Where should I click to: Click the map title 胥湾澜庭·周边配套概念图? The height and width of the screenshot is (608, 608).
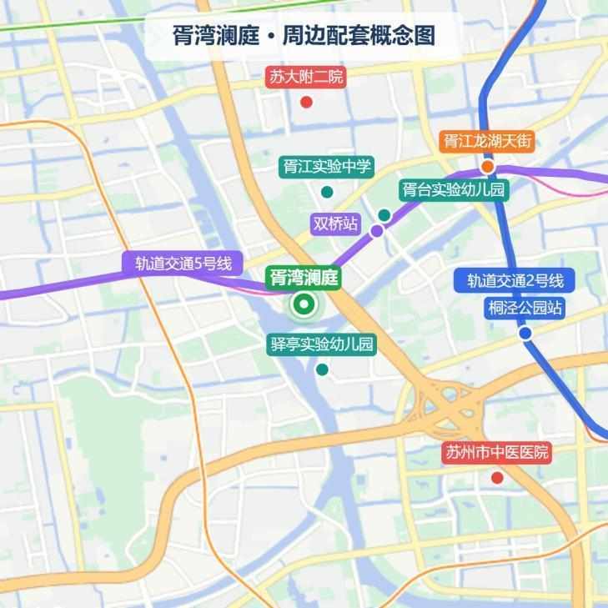pos(304,37)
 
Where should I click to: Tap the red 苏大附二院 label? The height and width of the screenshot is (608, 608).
pos(306,78)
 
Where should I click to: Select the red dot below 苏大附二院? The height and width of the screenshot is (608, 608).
pos(306,103)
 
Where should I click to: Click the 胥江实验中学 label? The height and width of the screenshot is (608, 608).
pos(326,167)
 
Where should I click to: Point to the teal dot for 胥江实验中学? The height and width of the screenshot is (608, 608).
pos(327,192)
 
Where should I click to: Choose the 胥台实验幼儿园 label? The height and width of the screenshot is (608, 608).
pos(453,190)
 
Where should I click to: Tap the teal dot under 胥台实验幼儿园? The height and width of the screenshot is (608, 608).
pos(384,215)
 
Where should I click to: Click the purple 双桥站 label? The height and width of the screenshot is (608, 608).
pos(335,224)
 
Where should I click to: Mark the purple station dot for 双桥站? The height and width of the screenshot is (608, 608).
pos(377,231)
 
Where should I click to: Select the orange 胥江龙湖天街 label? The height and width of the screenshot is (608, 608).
pos(487,141)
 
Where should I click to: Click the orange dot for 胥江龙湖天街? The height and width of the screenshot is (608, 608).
pos(487,166)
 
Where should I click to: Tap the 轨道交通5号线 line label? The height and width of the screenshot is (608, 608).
pos(183,264)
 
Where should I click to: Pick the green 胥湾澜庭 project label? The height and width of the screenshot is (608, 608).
pos(303,278)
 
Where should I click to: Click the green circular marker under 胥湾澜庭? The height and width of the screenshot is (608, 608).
pos(304,305)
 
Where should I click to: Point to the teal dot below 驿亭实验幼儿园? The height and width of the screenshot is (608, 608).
pos(322,369)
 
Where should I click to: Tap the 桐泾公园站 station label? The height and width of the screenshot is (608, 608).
pos(525,308)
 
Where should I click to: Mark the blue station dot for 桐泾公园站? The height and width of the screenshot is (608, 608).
pos(525,334)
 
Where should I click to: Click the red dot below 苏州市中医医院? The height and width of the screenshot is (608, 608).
pos(497,478)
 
